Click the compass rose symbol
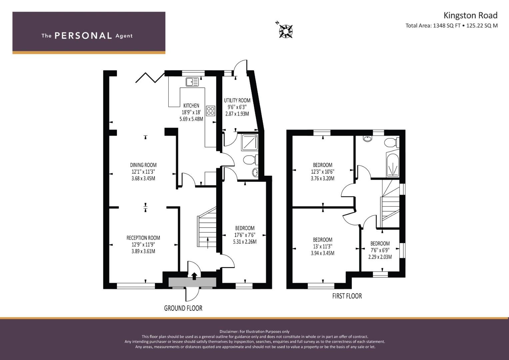click(x=285, y=31)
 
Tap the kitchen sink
click(x=192, y=82)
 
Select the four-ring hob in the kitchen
click(x=211, y=111)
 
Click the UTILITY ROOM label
click(x=237, y=100)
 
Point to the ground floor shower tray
click(x=250, y=142)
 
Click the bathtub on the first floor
click(x=392, y=166)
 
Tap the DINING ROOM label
click(x=143, y=165)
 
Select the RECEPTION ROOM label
click(x=143, y=238)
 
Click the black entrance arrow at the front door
click(x=194, y=276)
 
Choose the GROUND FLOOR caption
click(x=183, y=308)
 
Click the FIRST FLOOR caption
click(x=347, y=296)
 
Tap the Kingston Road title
click(x=471, y=15)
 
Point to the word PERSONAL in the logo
click(x=83, y=36)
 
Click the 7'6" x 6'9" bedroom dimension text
click(x=380, y=250)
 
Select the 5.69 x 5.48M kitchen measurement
click(x=191, y=119)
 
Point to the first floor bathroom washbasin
click(x=367, y=138)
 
